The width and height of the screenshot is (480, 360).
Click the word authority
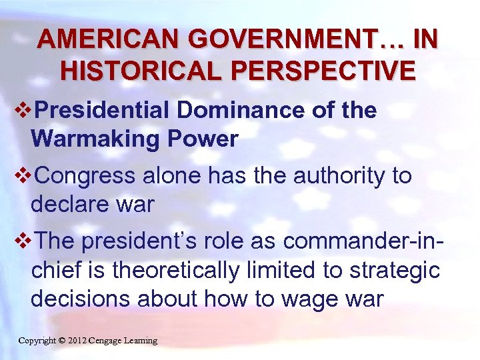[334, 176]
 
